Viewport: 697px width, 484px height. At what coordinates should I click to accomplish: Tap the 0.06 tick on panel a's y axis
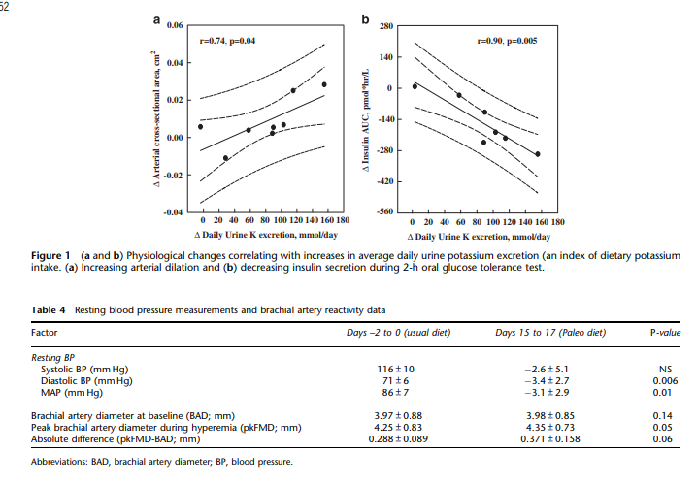tap(176, 25)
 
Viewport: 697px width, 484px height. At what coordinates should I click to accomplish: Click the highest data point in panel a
tap(325, 84)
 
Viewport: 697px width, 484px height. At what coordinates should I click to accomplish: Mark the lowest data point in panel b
tap(537, 154)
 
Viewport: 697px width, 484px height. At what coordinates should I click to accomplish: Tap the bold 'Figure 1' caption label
tap(53, 254)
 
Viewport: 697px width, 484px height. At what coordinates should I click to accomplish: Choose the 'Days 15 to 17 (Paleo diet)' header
tap(550, 331)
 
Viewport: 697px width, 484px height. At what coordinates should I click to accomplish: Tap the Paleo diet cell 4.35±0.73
tap(550, 426)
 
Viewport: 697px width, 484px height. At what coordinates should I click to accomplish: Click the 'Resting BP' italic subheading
tap(55, 357)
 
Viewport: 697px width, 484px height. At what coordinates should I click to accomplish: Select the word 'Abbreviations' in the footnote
tap(60, 462)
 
